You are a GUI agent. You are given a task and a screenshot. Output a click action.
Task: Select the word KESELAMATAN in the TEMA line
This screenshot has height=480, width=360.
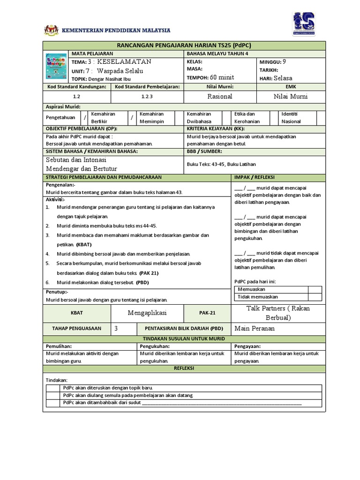124,62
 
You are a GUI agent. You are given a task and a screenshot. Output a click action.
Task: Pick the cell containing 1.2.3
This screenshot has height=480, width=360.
147,96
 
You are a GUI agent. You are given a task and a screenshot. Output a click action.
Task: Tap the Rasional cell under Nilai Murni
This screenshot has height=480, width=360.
220,96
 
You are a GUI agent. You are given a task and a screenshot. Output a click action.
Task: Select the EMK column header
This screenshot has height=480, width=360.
288,87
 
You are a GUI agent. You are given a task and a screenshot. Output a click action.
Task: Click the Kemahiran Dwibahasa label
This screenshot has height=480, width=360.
199,118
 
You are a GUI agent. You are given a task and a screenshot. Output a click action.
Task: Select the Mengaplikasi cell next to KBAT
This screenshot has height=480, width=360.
147,312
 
